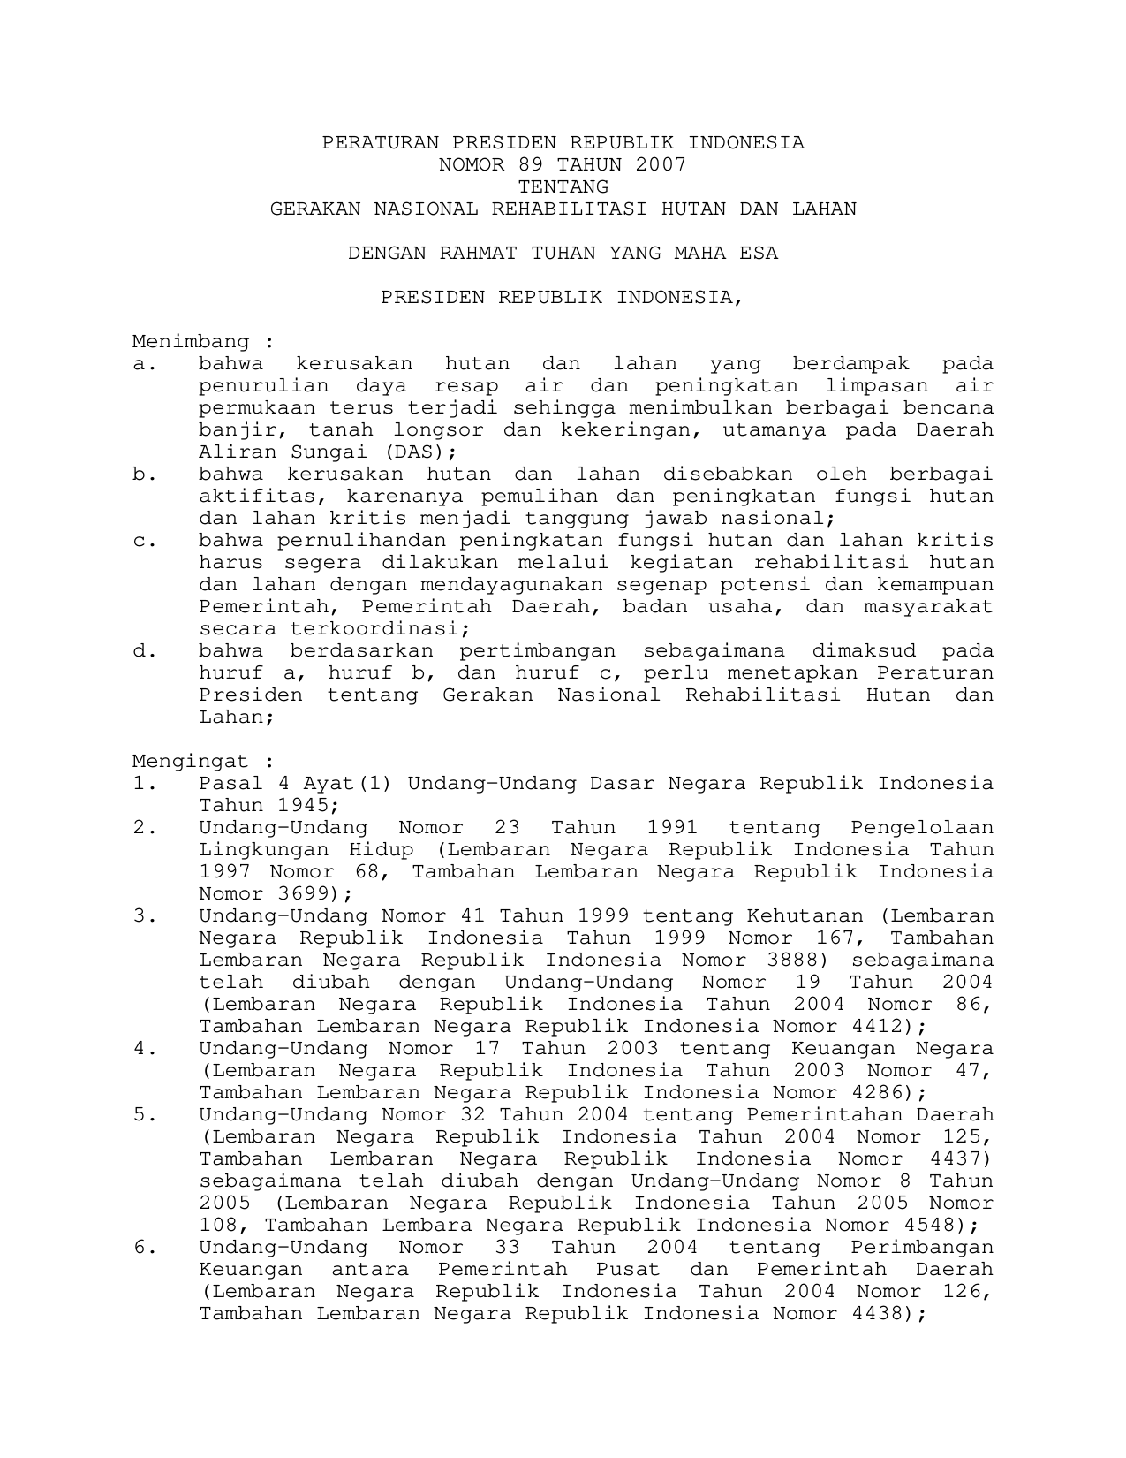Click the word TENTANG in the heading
(x=563, y=186)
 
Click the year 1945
(x=307, y=805)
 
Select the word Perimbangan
(x=922, y=1247)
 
